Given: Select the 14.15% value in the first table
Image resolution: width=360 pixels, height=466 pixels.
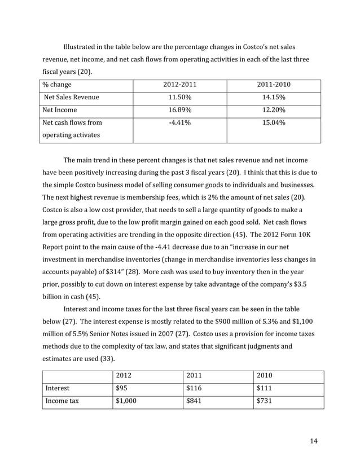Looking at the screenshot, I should point(274,97).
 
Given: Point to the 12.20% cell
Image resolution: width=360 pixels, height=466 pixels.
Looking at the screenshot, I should point(274,110).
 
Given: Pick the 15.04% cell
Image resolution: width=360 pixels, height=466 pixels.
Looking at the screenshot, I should point(274,123).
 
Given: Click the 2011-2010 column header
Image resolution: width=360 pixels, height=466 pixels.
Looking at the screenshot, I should point(274,85).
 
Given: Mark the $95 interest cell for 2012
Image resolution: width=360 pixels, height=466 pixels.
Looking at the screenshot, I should point(121,389).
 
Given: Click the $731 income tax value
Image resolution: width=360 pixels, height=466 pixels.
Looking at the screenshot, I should point(264,402).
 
